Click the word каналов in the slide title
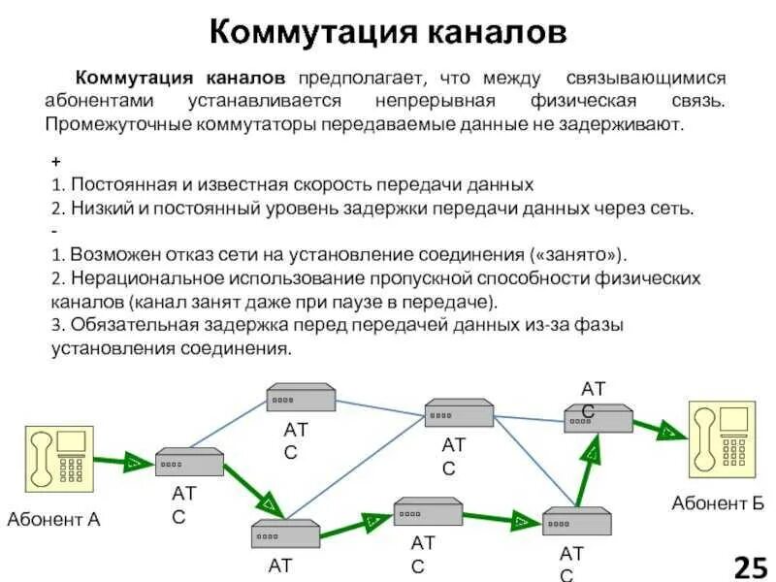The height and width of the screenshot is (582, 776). click(496, 31)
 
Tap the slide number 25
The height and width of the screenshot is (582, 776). click(750, 566)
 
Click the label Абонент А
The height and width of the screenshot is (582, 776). click(53, 519)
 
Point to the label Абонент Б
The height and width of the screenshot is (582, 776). click(718, 502)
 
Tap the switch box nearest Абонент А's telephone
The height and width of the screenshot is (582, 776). click(190, 462)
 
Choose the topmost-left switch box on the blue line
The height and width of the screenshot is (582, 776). click(301, 397)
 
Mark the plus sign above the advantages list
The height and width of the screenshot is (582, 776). click(54, 163)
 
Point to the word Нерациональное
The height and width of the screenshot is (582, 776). click(127, 278)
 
